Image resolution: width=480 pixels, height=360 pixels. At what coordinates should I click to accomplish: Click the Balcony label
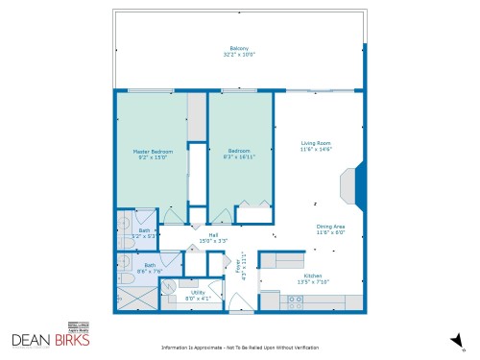pyautogui.click(x=239, y=49)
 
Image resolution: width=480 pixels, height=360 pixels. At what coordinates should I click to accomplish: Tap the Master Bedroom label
pyautogui.click(x=152, y=153)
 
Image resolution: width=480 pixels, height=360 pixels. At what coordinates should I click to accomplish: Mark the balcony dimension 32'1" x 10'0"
pyautogui.click(x=239, y=55)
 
